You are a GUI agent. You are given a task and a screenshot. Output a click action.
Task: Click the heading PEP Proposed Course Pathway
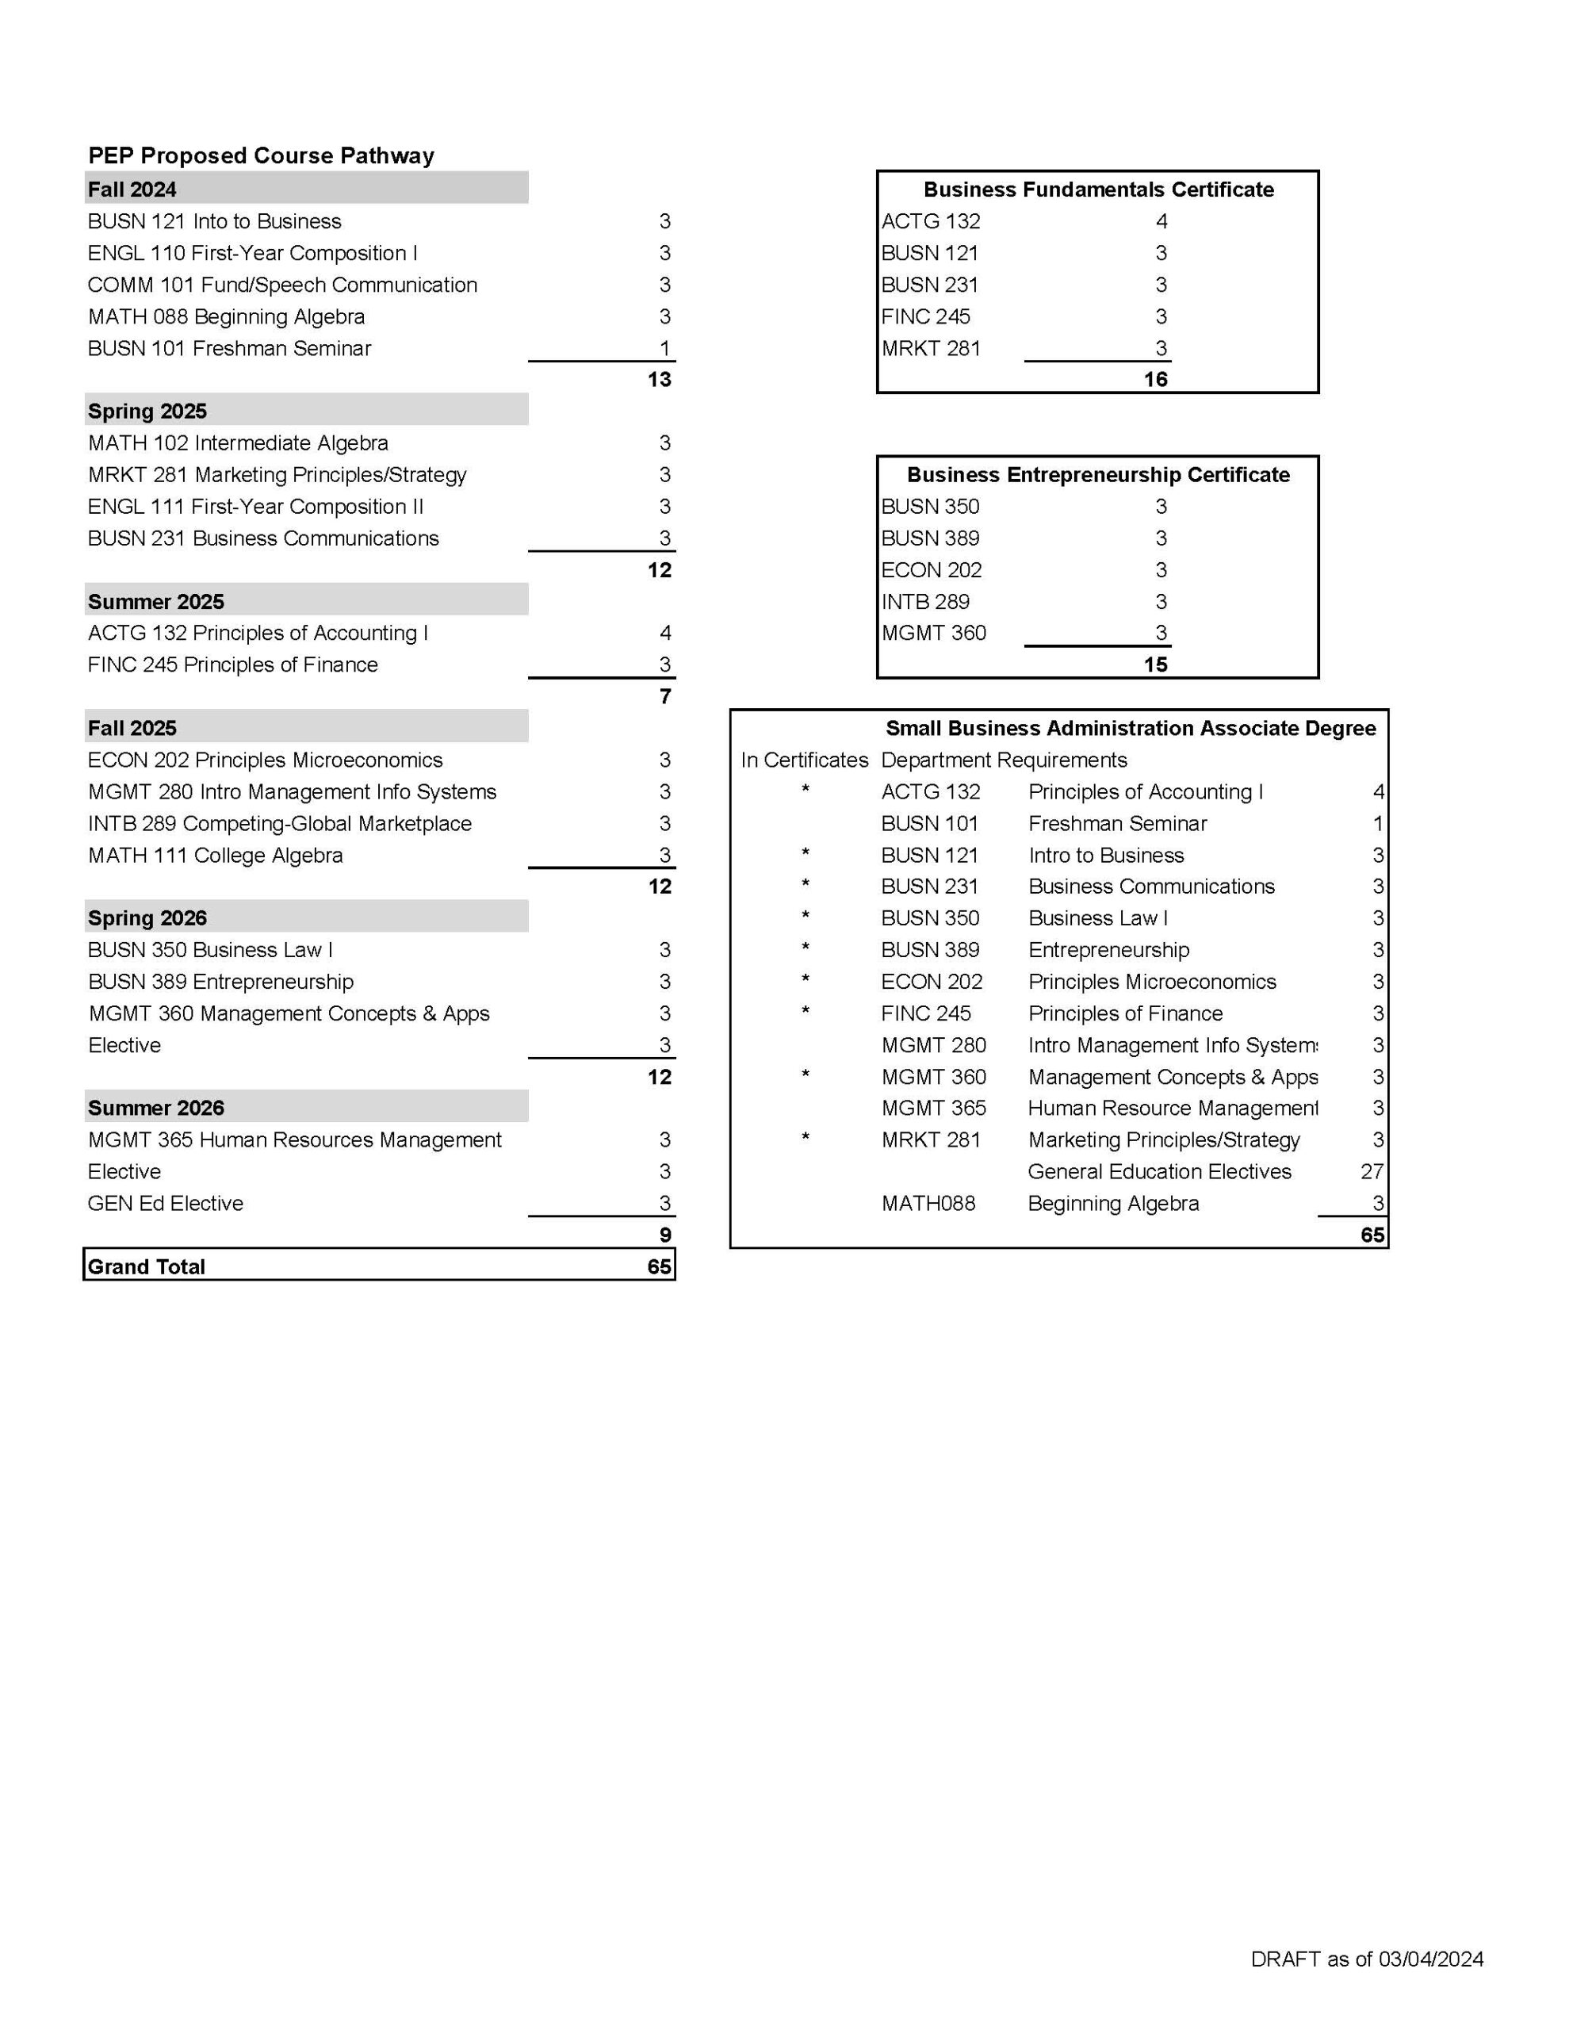coord(261,155)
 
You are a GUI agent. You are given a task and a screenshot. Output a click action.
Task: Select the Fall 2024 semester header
coord(132,190)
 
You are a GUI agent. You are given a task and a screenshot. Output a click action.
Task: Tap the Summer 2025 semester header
coord(156,601)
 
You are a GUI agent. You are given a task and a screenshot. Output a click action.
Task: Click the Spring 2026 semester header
coord(147,917)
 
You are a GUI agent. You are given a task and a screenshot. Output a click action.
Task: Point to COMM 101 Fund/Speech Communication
coord(282,285)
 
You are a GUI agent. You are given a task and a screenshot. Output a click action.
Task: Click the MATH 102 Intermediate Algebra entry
coord(238,443)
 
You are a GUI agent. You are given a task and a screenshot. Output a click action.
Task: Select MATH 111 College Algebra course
coord(216,855)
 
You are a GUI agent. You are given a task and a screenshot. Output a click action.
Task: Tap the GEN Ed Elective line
coord(166,1204)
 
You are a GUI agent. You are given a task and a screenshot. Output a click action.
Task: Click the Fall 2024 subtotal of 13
coord(659,379)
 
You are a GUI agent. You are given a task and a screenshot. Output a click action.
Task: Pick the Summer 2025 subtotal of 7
coord(664,696)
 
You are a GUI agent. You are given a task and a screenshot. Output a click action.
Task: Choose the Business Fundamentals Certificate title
coord(1098,190)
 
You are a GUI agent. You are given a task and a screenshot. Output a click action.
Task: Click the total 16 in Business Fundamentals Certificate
coord(1155,379)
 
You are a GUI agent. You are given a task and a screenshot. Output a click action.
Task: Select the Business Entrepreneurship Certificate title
coord(1098,475)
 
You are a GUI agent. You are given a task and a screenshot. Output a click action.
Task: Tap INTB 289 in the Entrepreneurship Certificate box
coord(925,601)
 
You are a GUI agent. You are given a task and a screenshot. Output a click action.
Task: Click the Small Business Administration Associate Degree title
coord(1131,728)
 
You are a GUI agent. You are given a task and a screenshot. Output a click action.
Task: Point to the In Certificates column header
coord(804,760)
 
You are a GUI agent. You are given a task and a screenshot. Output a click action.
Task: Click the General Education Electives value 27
coord(1371,1172)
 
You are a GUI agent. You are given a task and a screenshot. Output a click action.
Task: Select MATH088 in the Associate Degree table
coord(928,1204)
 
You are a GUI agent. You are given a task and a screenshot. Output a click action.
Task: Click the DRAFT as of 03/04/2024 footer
coord(1366,1959)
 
